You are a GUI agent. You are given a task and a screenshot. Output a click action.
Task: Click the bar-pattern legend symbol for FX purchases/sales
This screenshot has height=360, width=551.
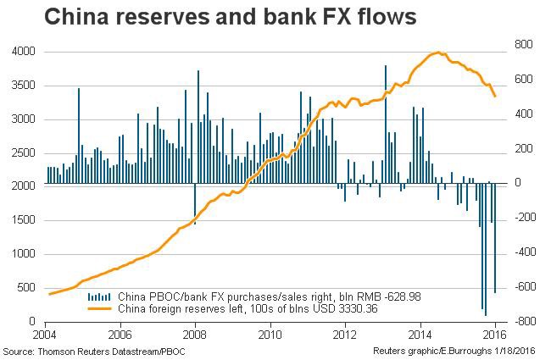pyautogui.click(x=98, y=296)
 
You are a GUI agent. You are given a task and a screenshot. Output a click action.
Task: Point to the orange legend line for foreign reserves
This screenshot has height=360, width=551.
pyautogui.click(x=98, y=308)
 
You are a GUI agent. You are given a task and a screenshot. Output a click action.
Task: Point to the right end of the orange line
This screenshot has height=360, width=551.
pyautogui.click(x=495, y=97)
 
